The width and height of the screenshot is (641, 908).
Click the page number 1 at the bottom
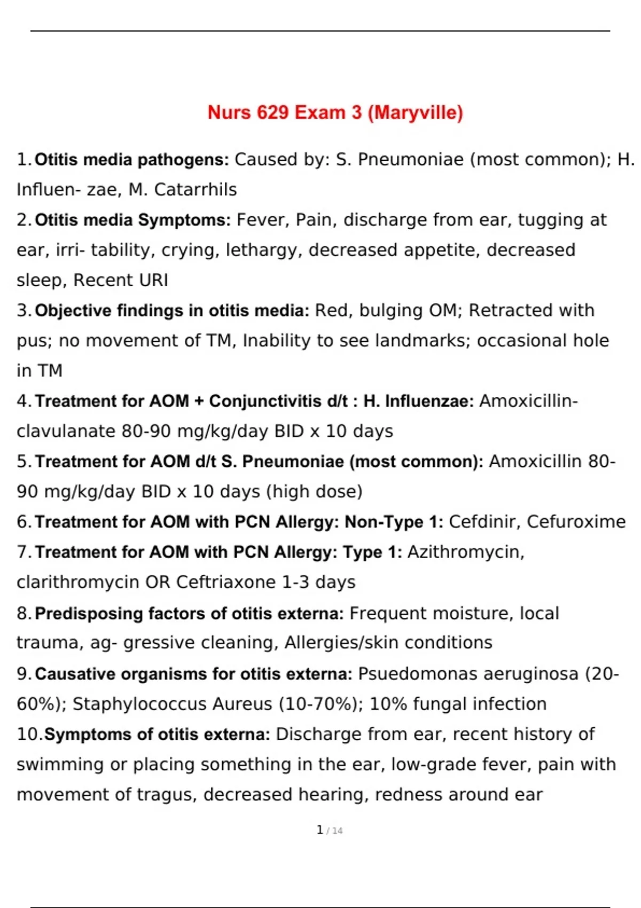click(x=319, y=830)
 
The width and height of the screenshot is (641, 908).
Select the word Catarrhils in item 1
click(x=196, y=190)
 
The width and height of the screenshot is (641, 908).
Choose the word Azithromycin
click(x=465, y=552)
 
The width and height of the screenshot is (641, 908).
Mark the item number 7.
click(x=23, y=552)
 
